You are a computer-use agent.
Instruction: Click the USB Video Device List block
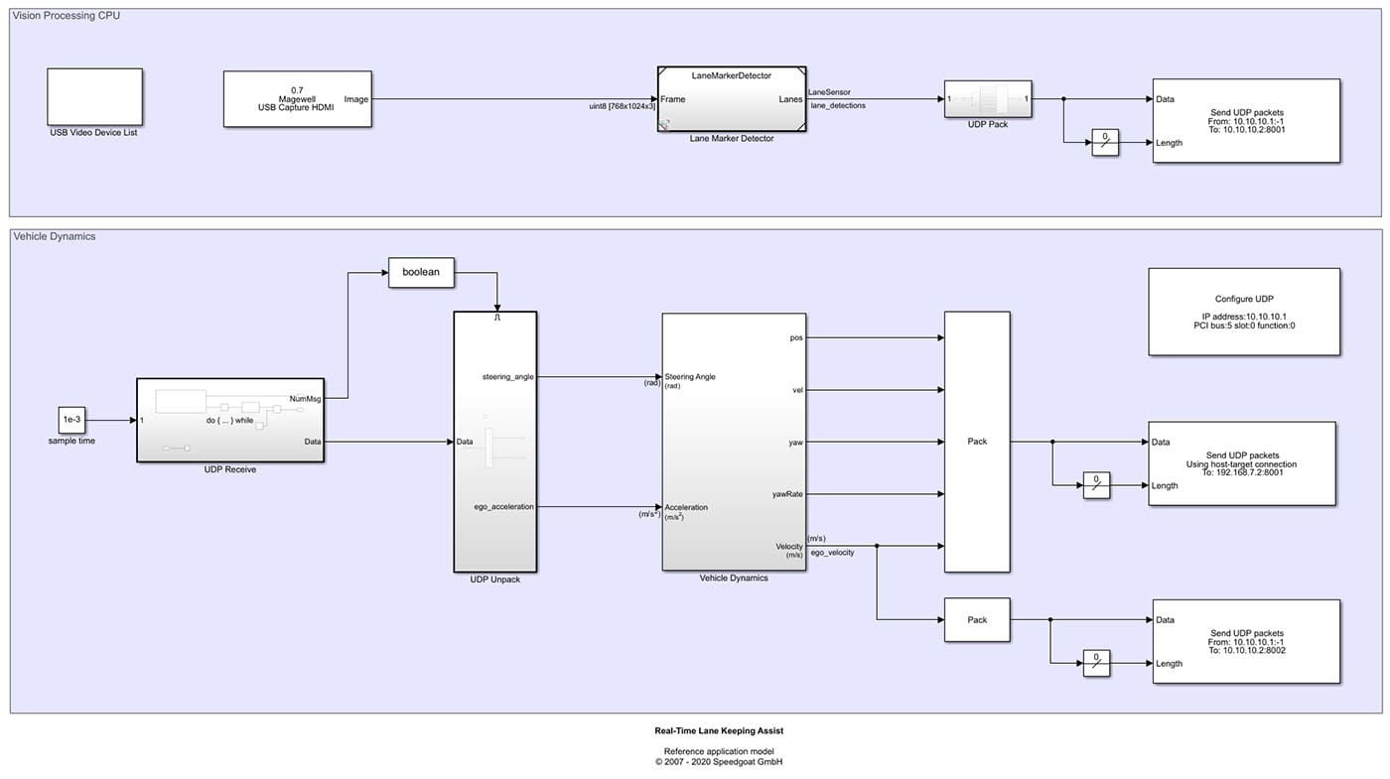94,96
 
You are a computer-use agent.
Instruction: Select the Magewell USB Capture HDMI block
297,99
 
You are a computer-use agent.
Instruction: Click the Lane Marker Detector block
731,98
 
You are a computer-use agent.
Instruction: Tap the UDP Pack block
987,99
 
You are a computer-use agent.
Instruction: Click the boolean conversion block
421,273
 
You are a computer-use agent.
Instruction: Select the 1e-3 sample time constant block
71,421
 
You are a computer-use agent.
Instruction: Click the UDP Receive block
230,420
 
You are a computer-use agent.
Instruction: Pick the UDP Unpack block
494,442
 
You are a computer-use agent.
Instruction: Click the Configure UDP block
1243,312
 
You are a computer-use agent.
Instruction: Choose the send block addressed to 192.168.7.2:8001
1241,463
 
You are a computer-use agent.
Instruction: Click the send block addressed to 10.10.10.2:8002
1247,641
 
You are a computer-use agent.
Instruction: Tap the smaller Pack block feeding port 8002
977,620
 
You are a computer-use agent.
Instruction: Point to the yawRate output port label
787,494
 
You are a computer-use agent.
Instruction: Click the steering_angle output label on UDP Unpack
506,376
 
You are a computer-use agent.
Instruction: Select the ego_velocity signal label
832,553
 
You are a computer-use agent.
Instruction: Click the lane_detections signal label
837,105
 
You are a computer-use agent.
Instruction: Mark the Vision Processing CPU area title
67,15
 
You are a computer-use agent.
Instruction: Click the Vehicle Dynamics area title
55,236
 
